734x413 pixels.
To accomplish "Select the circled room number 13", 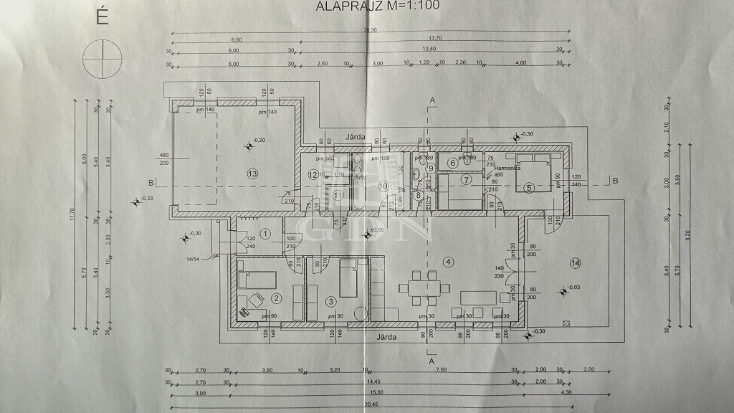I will click(x=251, y=174).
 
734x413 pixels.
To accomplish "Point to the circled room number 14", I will click(x=575, y=263).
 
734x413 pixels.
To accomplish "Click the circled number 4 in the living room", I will click(x=449, y=261).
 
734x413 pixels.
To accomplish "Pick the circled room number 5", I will click(x=529, y=188).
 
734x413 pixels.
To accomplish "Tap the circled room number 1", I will click(x=264, y=232).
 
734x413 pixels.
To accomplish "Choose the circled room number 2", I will click(x=277, y=298).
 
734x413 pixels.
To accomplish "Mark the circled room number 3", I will click(x=331, y=301).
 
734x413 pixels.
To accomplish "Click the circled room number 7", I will click(x=466, y=179).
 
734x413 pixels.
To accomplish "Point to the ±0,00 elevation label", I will click(x=375, y=230).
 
